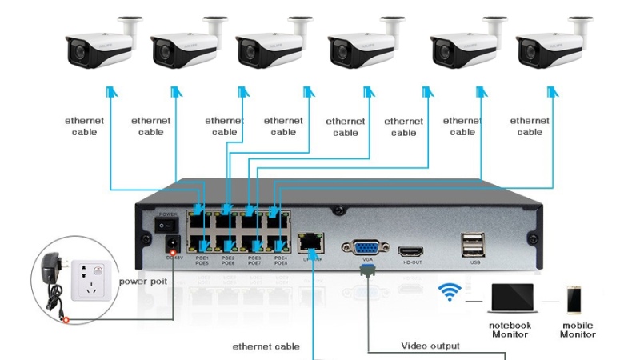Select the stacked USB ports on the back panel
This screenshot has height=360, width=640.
click(471, 243)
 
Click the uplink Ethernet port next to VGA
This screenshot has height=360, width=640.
click(308, 240)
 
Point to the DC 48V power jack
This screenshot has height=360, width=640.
click(170, 244)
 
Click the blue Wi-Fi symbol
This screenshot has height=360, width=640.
click(450, 292)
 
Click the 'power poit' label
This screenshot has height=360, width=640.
click(143, 282)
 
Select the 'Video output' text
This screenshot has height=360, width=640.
click(430, 346)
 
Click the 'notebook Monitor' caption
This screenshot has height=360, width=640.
click(510, 330)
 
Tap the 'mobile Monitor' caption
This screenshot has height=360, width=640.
click(577, 330)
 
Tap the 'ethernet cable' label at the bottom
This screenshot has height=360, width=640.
click(266, 346)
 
